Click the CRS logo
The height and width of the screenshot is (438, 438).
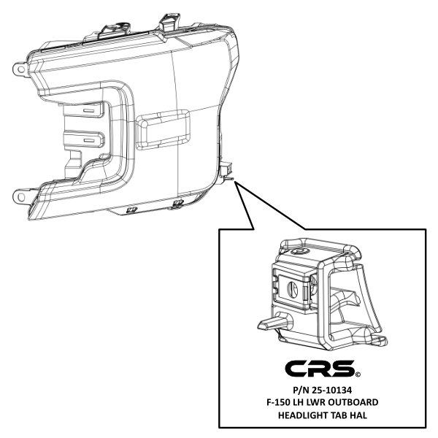point(320,368)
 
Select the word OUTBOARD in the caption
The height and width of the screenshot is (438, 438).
point(353,402)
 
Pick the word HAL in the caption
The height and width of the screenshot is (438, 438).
point(358,415)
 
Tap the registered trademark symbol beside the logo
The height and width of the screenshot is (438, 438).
point(358,374)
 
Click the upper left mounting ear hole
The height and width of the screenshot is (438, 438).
point(20,69)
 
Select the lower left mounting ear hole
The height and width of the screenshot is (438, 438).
point(20,197)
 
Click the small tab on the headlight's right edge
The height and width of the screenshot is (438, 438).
point(227,171)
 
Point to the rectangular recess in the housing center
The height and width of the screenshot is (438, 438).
point(163,129)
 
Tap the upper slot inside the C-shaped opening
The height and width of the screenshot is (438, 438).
point(89,111)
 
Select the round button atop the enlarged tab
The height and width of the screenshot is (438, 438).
point(299,251)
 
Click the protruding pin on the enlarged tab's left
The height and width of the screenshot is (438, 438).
point(274,322)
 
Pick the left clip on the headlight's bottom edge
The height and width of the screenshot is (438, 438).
point(131,210)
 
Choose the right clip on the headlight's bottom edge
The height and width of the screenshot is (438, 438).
point(177,204)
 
